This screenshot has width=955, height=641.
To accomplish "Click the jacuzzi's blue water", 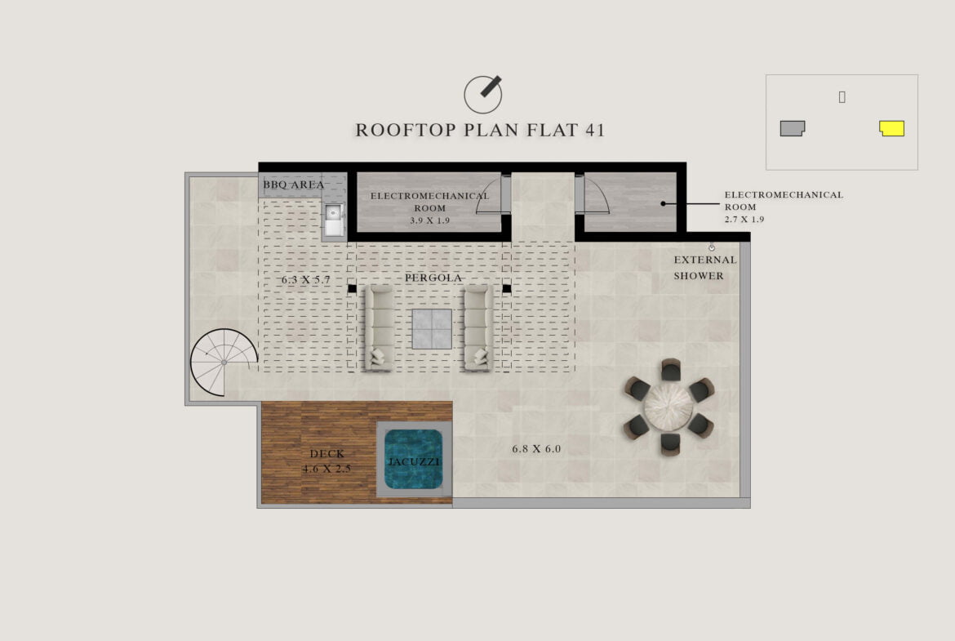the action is pos(414,460).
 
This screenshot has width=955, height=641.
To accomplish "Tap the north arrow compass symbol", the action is pos(483,95).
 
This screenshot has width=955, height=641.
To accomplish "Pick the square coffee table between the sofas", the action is pos(432,329).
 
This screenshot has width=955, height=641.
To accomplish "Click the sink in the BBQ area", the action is pos(334,220).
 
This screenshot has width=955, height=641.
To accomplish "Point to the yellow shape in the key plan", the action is pos(891,128).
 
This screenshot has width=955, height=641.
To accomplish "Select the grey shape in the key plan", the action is pos(793,128).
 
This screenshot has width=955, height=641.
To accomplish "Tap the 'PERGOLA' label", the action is pos(433,278).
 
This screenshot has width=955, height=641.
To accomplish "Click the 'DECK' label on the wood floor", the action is pos(327,453).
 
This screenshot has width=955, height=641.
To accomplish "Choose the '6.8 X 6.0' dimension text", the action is pos(536,449).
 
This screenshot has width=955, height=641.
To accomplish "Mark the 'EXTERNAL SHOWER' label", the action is pos(704,268).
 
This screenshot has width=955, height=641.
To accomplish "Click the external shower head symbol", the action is pos(712,247).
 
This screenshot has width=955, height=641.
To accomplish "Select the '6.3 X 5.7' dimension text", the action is pos(306,280).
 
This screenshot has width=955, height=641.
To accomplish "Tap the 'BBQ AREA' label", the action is pos(294,185).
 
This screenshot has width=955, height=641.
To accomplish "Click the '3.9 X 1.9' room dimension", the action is pos(430,220).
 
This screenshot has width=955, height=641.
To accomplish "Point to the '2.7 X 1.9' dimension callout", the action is pos(744,220).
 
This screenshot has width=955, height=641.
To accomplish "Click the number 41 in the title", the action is pos(595,130).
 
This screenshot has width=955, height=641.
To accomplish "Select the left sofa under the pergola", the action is pos(379,327).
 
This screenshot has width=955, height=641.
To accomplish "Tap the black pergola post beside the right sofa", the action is pos(507,288).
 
